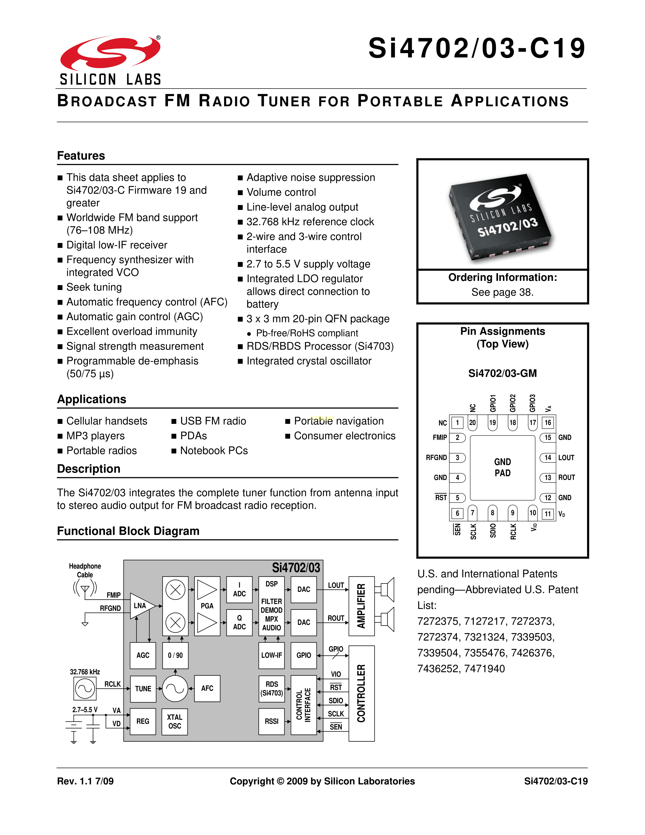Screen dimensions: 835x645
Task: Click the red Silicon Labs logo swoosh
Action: [110, 54]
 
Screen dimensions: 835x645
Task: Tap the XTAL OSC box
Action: [175, 721]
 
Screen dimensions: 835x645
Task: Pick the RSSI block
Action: [271, 721]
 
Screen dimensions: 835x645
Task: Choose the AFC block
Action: [207, 688]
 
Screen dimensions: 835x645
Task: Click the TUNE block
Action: [143, 688]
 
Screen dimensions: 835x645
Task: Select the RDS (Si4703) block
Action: [271, 688]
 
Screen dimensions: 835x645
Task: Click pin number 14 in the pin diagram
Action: [548, 458]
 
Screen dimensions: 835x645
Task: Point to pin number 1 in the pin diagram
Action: [457, 423]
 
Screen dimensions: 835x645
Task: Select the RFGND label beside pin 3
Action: [436, 458]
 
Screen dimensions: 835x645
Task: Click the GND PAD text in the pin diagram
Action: [503, 467]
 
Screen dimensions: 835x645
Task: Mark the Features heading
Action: [81, 156]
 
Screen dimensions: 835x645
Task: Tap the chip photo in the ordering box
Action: [501, 216]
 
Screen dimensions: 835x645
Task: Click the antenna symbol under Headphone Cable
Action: [85, 589]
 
